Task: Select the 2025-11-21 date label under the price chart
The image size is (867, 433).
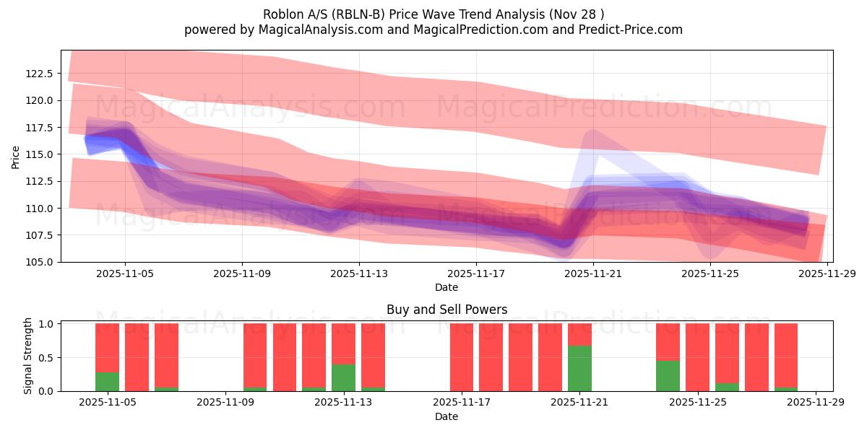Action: pyautogui.click(x=592, y=274)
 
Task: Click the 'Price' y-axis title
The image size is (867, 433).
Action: pyautogui.click(x=16, y=156)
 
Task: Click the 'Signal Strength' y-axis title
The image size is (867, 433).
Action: pyautogui.click(x=27, y=356)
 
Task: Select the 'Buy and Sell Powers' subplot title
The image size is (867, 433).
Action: pyautogui.click(x=447, y=310)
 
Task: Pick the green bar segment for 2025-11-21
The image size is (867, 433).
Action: pyautogui.click(x=579, y=369)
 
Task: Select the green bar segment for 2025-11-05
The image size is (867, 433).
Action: pyautogui.click(x=107, y=382)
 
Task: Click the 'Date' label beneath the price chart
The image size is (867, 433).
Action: pyautogui.click(x=447, y=287)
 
